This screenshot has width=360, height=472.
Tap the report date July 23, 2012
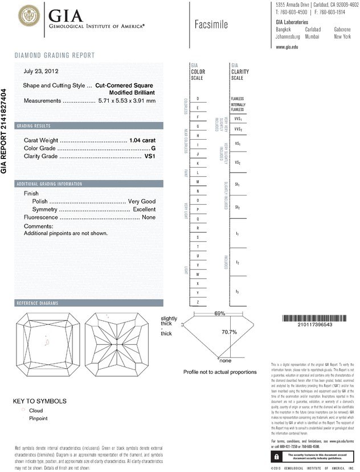tap(42, 72)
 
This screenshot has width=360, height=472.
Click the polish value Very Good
tap(142, 202)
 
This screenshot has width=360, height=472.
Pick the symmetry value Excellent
tap(144, 210)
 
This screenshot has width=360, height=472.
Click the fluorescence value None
tap(149, 218)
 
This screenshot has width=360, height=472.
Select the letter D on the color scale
tap(197, 99)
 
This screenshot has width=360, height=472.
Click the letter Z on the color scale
tap(197, 301)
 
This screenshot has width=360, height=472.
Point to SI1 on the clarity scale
tap(237, 185)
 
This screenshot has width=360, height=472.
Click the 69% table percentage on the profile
tap(220, 314)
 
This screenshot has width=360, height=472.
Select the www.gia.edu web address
tap(288, 47)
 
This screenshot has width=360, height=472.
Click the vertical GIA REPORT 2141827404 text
tap(5, 131)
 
